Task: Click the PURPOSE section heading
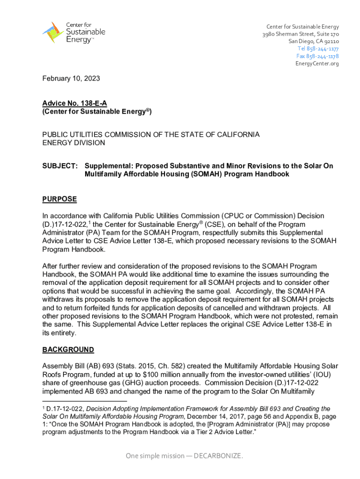coord(59,199)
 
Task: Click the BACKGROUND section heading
coord(68,350)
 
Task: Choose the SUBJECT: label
coord(60,166)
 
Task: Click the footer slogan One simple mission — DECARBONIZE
coord(184,456)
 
